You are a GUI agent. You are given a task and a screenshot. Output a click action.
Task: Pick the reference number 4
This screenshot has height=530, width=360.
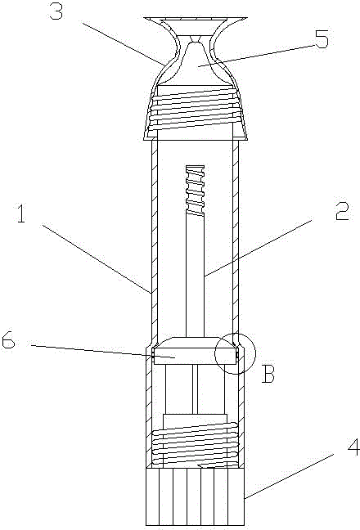coord(353,447)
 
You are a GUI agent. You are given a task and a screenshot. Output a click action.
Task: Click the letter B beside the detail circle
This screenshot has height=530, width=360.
coord(268,374)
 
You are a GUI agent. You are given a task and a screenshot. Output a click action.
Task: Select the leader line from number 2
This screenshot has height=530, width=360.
coord(258,248)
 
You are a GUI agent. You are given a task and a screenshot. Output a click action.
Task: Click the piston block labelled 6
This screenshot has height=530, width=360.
coord(194,351)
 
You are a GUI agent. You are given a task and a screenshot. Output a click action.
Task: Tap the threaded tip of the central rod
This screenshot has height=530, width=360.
coord(195,190)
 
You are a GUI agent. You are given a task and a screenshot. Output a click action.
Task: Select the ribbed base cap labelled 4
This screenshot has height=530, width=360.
coord(195,496)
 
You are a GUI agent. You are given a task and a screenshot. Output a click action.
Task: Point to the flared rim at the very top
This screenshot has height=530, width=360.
coord(195,20)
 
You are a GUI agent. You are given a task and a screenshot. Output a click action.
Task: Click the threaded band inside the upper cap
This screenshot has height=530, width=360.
coord(195,108)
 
